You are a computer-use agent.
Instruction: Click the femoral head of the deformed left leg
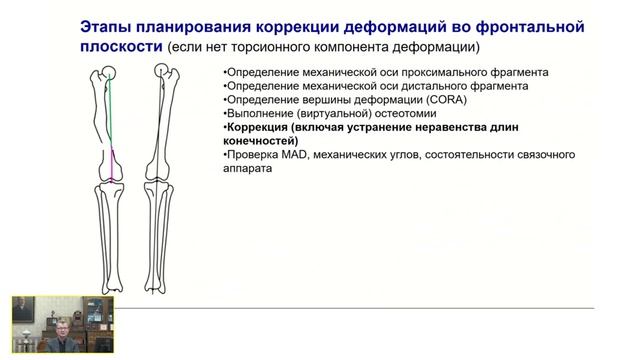coord(114,71)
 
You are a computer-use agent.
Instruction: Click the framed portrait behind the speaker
coord(22,310)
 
